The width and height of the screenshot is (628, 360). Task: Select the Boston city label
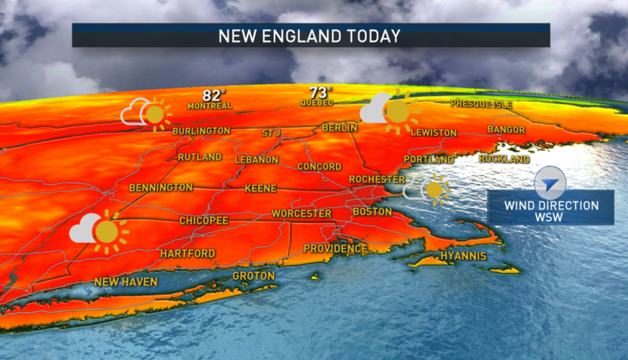click(x=373, y=212)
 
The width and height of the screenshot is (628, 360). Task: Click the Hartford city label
click(x=188, y=253)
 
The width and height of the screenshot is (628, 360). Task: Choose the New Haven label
click(x=126, y=282)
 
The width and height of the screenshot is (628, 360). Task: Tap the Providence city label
click(x=335, y=249)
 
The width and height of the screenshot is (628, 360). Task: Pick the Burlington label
click(x=201, y=131)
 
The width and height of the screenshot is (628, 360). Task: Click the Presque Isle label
click(x=481, y=103)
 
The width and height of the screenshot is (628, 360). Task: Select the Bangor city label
click(x=506, y=130)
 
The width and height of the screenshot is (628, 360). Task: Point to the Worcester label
click(x=300, y=213)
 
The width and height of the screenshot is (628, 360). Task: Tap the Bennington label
click(x=162, y=188)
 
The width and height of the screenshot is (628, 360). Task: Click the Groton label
click(x=253, y=275)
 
